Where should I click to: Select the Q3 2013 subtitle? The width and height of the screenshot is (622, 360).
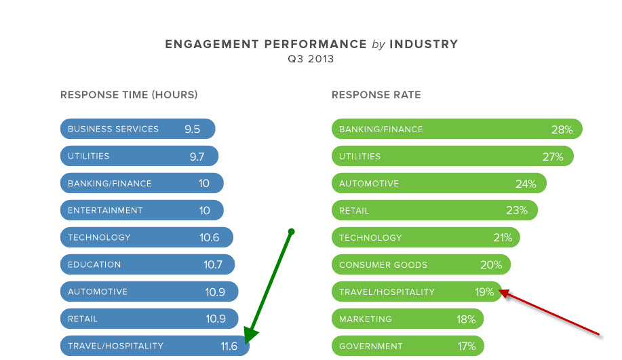(x=311, y=59)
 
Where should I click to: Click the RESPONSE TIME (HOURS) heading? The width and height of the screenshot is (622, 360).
(x=129, y=95)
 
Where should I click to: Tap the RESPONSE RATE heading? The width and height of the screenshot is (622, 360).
(x=376, y=95)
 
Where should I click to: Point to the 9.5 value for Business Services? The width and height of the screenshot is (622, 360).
(x=192, y=129)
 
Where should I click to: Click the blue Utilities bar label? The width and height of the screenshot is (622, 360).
(x=89, y=156)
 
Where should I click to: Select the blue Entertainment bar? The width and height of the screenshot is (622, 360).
(x=142, y=210)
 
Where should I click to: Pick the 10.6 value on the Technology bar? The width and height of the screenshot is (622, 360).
(x=210, y=237)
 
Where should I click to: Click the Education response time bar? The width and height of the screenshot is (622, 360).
(x=147, y=264)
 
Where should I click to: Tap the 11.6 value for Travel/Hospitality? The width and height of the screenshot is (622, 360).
(x=229, y=346)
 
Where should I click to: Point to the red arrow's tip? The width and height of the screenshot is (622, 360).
(x=501, y=291)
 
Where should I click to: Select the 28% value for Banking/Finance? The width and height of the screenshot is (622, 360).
(x=562, y=129)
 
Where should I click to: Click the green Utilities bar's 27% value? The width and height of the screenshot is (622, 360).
(x=553, y=157)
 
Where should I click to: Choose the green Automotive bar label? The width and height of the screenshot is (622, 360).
(x=369, y=184)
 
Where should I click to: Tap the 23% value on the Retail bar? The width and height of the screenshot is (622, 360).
(x=517, y=210)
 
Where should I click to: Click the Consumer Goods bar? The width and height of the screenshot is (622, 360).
(x=421, y=264)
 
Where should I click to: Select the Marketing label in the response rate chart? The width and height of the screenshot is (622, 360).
(x=366, y=319)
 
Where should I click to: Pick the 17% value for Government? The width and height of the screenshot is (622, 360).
(x=466, y=346)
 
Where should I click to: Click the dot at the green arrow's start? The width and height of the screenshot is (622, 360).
(x=291, y=232)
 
